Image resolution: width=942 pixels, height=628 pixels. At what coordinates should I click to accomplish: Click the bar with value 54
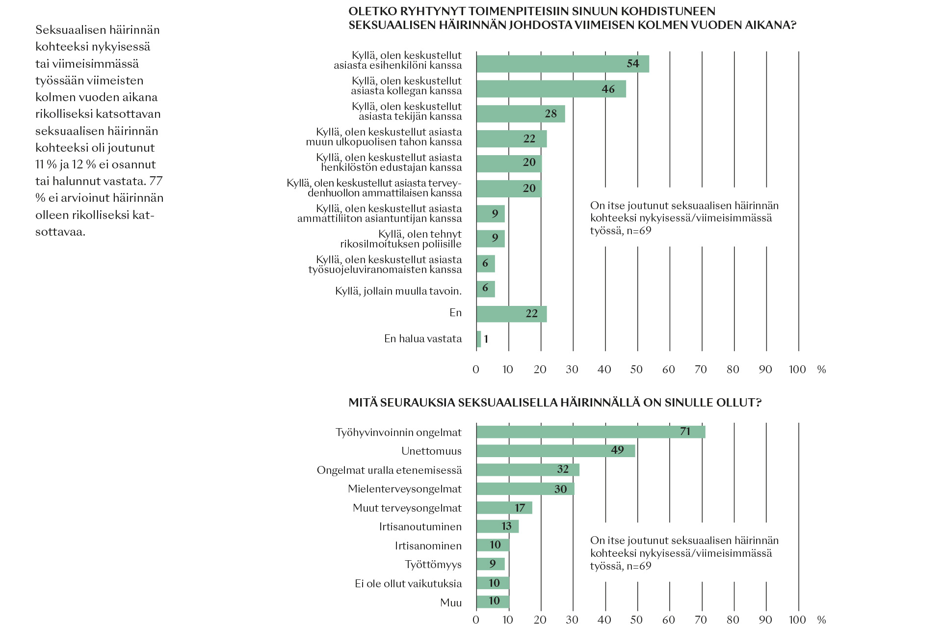coord(563,64)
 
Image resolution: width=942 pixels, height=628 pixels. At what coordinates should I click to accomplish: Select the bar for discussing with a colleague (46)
coord(551,89)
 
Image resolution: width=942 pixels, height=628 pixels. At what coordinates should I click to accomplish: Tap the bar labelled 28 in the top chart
coord(521,114)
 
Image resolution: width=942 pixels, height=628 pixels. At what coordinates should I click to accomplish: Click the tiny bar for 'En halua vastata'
coord(478,339)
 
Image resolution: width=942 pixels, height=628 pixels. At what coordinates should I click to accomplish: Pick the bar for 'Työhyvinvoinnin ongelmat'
coord(591,432)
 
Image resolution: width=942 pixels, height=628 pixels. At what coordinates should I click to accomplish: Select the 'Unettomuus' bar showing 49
coord(556,451)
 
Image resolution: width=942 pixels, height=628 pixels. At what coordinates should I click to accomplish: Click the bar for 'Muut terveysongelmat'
coord(504,508)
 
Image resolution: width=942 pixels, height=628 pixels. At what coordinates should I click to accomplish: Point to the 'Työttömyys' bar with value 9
coord(491,564)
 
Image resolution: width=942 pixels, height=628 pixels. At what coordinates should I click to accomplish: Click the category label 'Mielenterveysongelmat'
coord(405,489)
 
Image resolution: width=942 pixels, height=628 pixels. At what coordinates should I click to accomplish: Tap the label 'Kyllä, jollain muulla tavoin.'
coord(398,291)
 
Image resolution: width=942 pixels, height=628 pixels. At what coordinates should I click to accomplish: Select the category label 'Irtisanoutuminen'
coord(420,527)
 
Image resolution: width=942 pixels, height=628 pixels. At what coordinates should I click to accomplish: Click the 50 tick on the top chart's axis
coord(636,370)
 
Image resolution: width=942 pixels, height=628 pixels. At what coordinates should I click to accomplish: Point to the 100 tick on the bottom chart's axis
coord(797,620)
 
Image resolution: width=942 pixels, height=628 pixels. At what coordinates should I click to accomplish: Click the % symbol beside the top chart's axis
coord(822,370)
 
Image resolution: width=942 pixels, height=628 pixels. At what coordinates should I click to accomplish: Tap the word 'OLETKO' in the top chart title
coord(370,11)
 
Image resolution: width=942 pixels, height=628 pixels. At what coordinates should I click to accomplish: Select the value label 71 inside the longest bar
coord(685,432)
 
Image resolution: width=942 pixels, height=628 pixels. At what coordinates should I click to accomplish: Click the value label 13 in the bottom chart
coord(507,526)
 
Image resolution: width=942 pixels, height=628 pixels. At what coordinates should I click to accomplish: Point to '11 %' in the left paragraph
coord(46,164)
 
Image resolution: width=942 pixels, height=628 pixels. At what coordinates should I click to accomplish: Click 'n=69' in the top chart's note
coord(639,231)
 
